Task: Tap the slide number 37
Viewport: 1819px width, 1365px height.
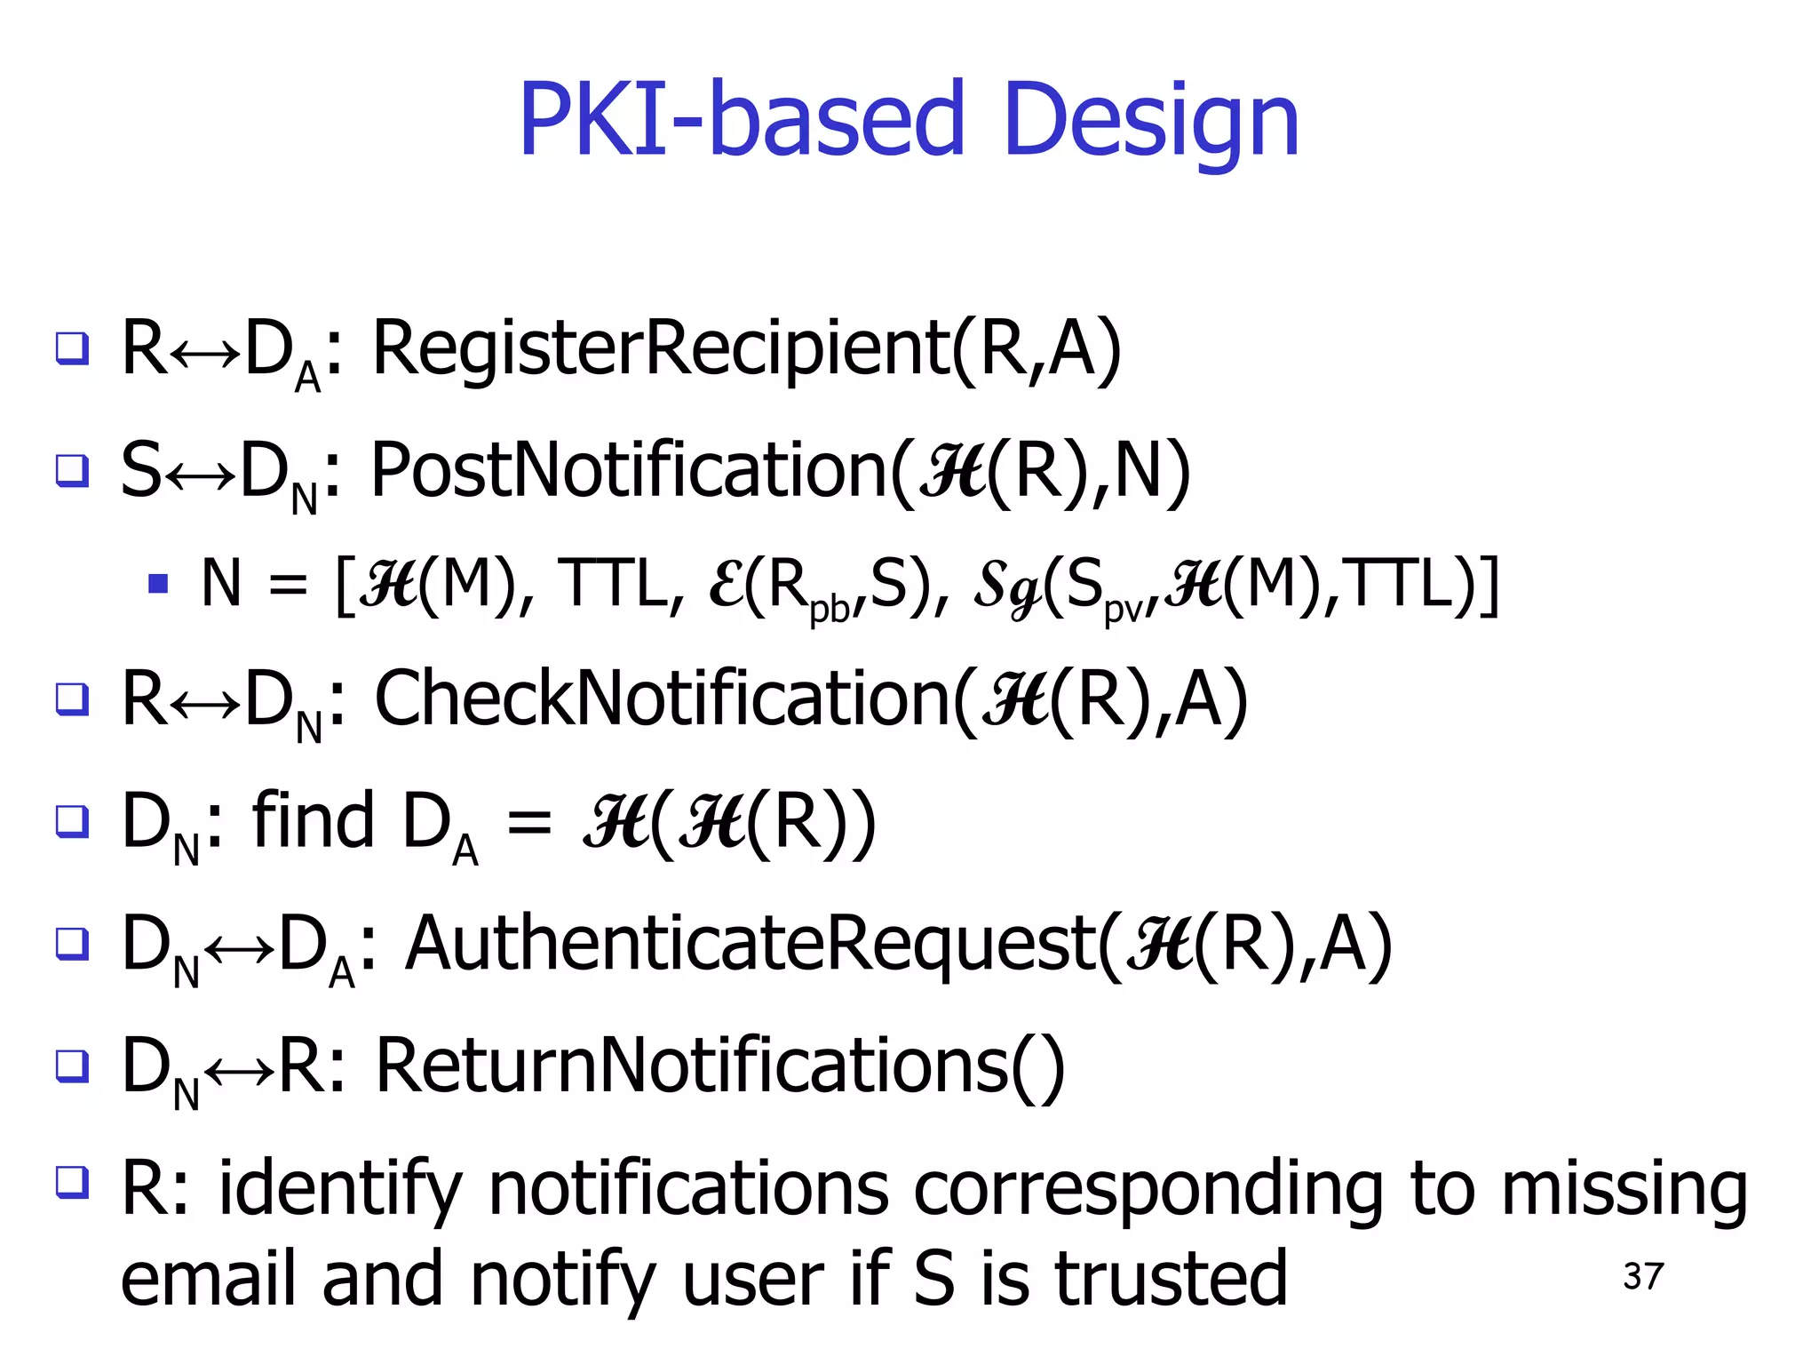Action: coord(1642,1276)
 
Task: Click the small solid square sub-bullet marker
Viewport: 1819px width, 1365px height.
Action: coord(158,583)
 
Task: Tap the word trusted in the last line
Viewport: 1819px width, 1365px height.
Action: coord(1171,1278)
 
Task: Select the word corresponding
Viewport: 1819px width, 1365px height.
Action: coord(1148,1191)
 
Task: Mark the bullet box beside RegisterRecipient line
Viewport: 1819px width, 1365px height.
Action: coord(72,347)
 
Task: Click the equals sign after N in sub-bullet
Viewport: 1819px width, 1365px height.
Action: coord(288,585)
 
